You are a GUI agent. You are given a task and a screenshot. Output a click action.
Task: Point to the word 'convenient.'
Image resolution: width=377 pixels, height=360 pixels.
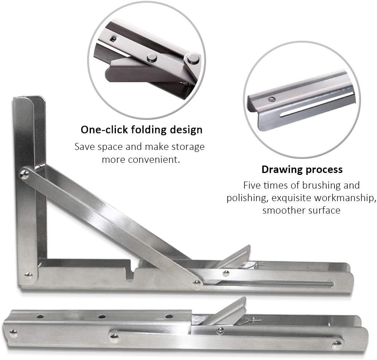(141, 160)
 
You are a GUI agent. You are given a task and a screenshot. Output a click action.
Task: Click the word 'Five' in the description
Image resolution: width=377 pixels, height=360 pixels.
(252, 185)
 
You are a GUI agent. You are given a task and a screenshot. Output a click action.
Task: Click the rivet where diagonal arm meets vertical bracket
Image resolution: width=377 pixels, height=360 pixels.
(25, 174)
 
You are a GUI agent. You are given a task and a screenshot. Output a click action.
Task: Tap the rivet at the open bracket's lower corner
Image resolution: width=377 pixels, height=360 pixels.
(28, 275)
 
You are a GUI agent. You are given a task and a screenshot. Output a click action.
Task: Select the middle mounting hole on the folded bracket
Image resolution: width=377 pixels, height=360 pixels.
(102, 316)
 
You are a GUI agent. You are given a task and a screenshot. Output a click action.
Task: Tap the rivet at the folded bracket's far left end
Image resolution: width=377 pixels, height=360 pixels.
(13, 333)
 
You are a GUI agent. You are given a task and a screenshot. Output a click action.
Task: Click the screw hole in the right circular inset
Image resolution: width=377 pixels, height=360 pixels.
(272, 99)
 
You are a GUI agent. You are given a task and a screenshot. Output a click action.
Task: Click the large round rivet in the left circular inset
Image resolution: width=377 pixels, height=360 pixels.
(193, 58)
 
